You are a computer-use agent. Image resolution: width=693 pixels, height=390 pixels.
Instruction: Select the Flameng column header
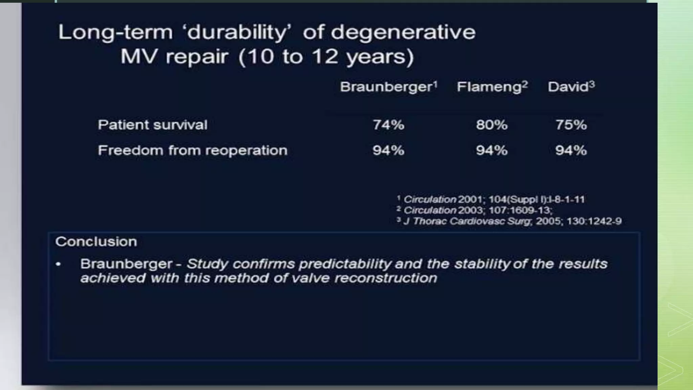point(491,87)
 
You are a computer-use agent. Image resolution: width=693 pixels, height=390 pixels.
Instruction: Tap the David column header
point(571,87)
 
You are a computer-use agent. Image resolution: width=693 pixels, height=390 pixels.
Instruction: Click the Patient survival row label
point(152,125)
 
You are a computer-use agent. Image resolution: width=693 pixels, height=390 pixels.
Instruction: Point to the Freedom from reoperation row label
point(192,150)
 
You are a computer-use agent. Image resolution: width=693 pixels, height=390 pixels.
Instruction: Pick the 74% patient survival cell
point(388,125)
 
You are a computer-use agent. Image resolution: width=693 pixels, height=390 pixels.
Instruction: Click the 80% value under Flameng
point(491,125)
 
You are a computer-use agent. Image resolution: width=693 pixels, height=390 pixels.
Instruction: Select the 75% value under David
point(571,125)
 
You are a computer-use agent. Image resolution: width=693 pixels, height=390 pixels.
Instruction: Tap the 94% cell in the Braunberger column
point(388,150)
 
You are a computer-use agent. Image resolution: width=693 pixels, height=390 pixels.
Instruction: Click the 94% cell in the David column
point(571,150)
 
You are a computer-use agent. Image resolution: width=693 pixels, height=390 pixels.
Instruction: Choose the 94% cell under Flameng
point(491,150)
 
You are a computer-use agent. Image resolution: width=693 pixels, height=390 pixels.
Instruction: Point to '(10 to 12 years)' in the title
point(326,57)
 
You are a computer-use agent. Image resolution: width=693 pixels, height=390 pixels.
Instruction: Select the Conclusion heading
point(96,242)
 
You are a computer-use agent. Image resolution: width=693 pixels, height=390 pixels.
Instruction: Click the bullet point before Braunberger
point(59,264)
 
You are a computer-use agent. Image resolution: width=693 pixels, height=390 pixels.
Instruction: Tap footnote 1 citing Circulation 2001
point(491,199)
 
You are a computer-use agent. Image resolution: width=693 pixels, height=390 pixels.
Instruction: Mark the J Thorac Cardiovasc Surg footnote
point(509,221)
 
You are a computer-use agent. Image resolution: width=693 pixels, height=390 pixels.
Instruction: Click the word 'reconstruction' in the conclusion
point(385,278)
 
